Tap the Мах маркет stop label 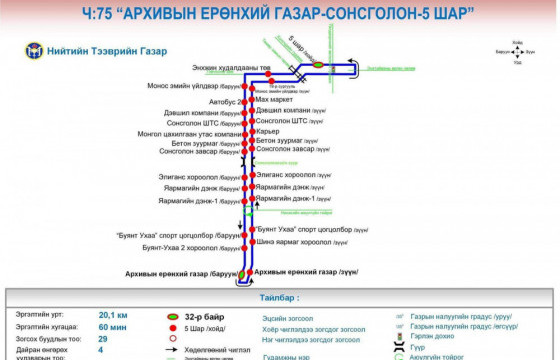(275, 100)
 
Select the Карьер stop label (267, 131)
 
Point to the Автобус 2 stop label (225, 101)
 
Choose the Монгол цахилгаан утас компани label (190, 133)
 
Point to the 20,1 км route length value (113, 314)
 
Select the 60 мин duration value (112, 326)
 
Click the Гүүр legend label (418, 347)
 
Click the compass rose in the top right (516, 52)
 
